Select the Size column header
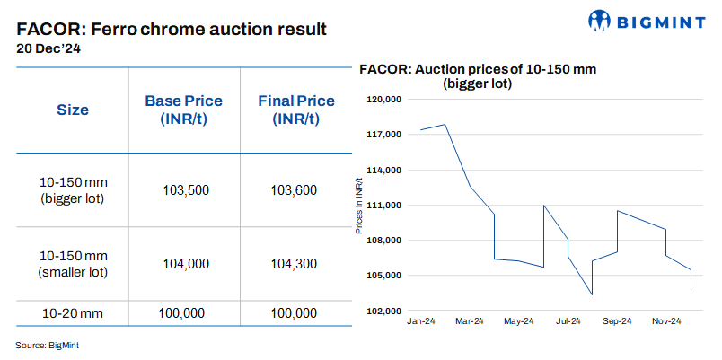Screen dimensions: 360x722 pos(73,110)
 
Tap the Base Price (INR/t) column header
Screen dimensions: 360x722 pos(183,110)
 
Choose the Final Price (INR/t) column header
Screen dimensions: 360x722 pos(295,110)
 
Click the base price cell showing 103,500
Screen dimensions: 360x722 pos(185,190)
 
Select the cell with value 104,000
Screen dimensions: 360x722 pos(185,264)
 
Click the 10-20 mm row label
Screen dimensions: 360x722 pos(73,313)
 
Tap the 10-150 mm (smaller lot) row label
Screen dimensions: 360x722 pos(73,264)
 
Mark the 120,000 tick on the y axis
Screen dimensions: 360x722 pos(383,100)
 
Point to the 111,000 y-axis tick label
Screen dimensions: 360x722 pos(383,206)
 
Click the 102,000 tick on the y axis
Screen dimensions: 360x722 pos(383,312)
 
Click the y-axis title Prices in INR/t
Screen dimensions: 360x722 pos(359,206)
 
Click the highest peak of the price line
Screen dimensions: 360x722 pos(445,125)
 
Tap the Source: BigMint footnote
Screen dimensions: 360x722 pos(40,345)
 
